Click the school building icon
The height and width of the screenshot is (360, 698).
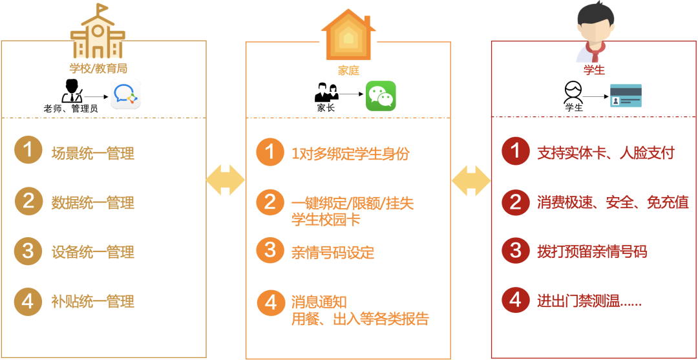(98, 33)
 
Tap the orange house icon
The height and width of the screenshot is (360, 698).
(348, 36)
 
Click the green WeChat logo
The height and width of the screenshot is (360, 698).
(381, 96)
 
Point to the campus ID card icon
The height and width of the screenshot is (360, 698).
(626, 96)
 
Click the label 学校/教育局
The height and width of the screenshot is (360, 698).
(98, 67)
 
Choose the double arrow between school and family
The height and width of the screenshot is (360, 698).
(226, 180)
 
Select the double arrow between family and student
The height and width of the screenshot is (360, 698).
(471, 180)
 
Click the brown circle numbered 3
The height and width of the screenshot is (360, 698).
(28, 251)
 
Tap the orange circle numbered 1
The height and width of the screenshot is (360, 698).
(270, 153)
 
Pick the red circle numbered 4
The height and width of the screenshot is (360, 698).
(515, 300)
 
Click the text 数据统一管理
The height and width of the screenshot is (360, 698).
(93, 203)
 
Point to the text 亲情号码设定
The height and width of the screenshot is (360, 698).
(333, 253)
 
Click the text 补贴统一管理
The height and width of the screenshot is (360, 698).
(93, 301)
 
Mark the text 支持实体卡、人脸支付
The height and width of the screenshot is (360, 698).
(606, 153)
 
